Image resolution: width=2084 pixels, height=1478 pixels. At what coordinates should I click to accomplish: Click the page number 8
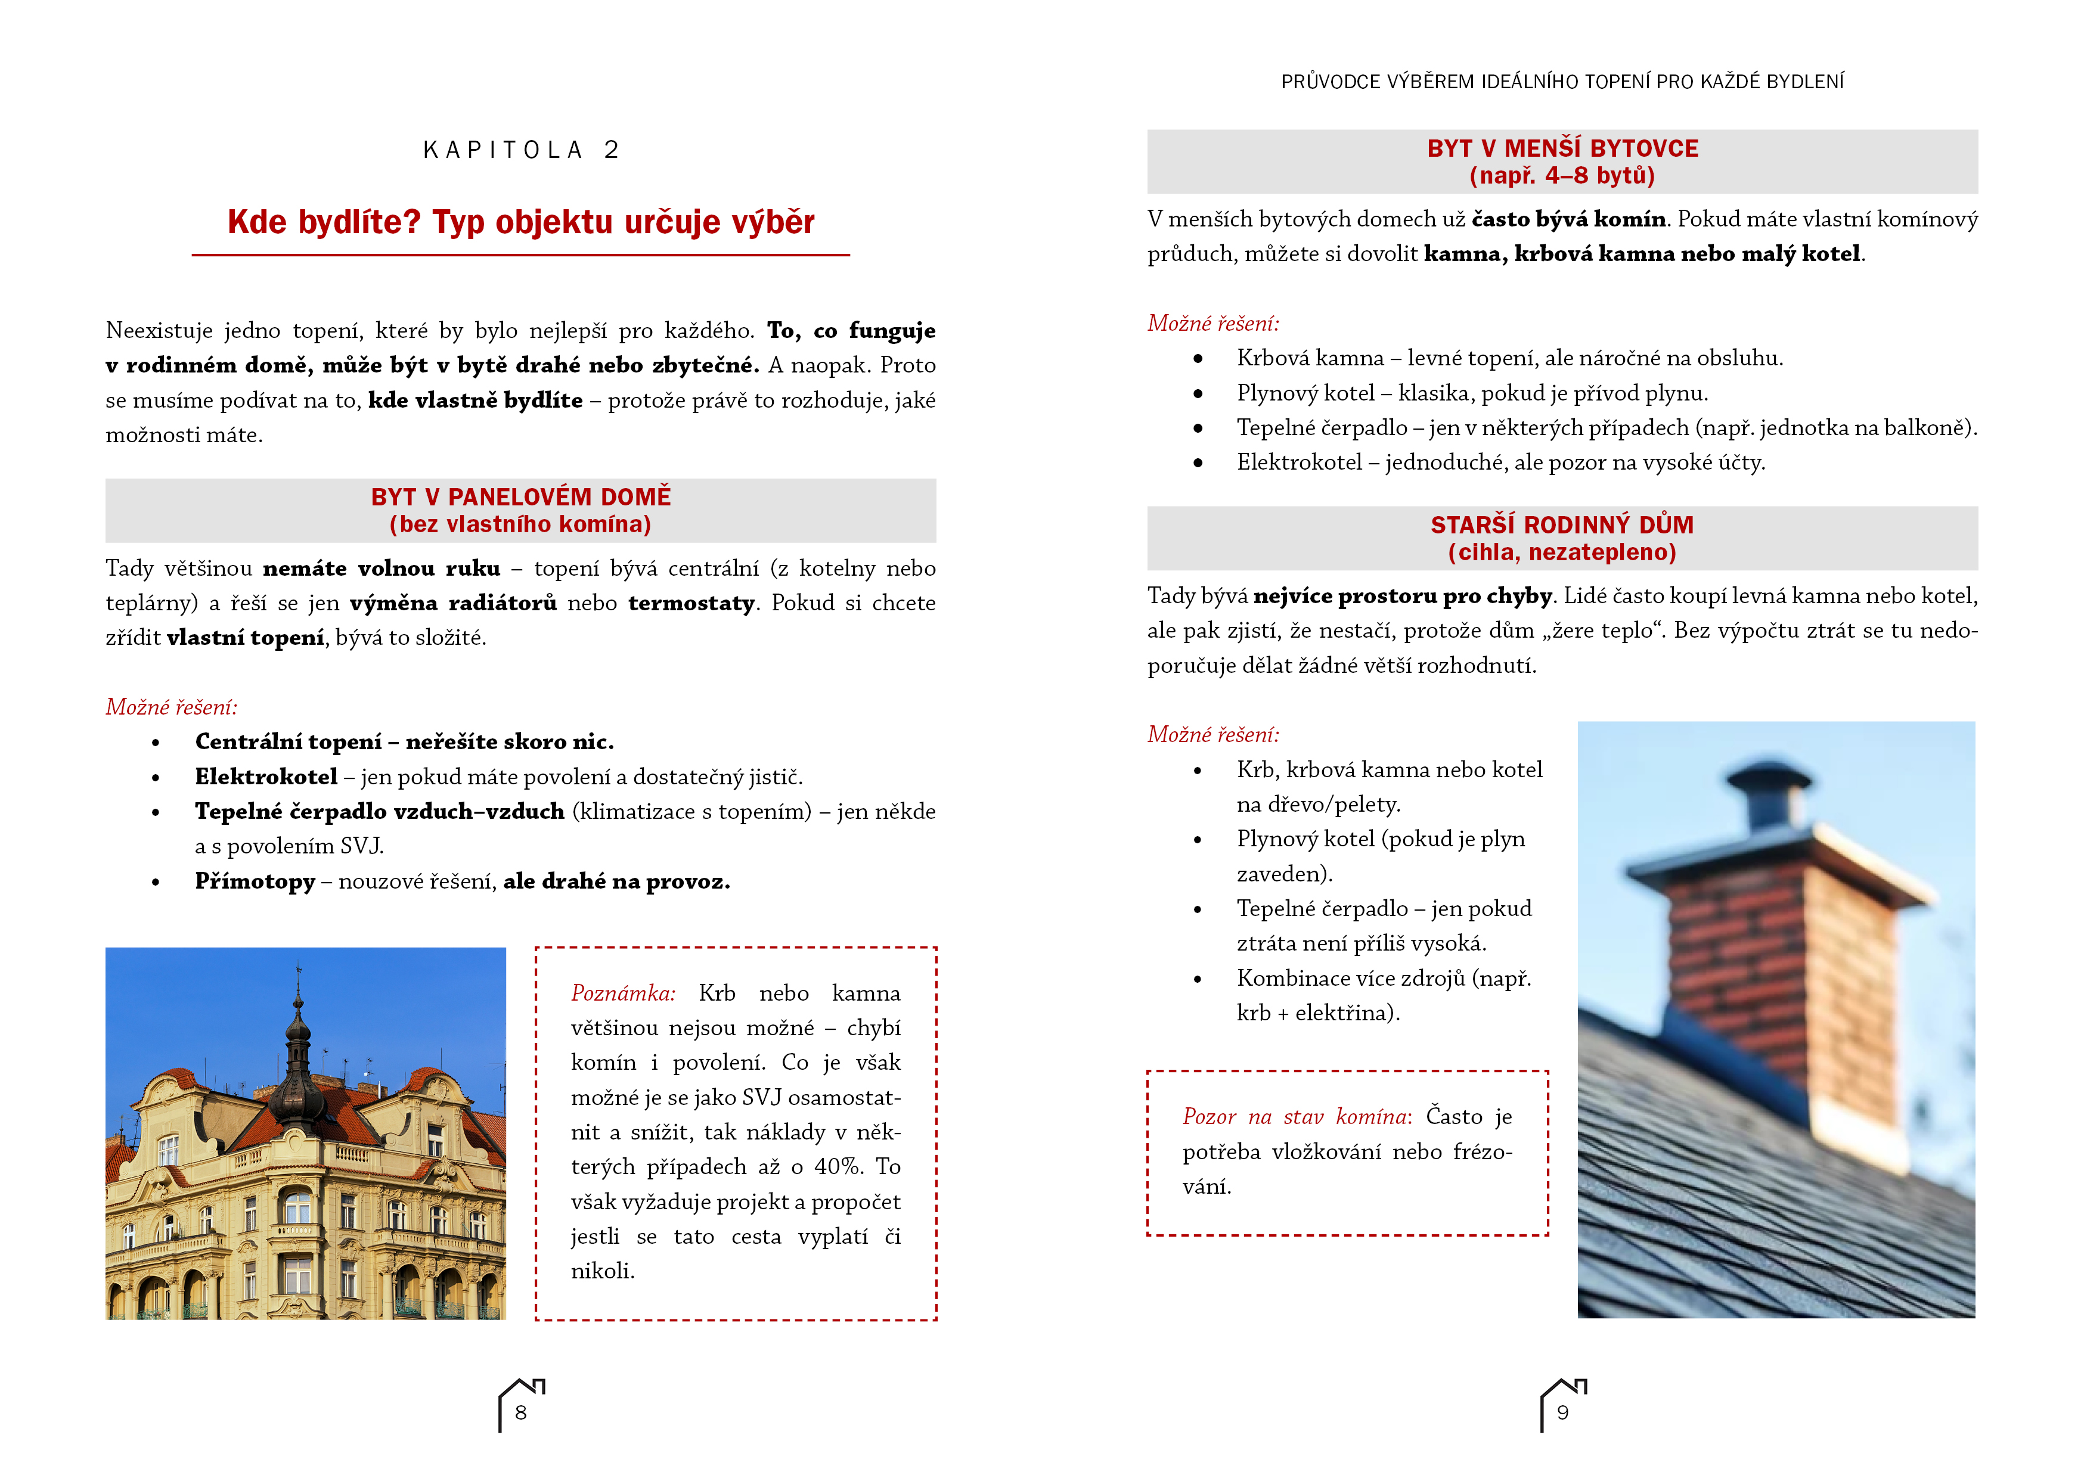(x=520, y=1412)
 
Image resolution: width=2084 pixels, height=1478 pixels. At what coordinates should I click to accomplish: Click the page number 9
(x=1562, y=1412)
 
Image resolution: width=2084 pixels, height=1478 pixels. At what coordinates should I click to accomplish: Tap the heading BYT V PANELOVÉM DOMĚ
(x=520, y=497)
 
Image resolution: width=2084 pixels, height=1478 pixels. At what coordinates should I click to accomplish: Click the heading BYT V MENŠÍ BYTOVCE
(x=1562, y=148)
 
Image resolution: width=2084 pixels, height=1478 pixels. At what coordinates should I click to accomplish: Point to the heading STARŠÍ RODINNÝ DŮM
(x=1562, y=525)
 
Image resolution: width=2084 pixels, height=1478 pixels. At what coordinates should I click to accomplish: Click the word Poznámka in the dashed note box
(x=622, y=993)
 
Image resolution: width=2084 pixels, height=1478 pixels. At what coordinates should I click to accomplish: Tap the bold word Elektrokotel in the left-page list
(x=266, y=777)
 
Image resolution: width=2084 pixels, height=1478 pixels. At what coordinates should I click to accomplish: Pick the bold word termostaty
(x=691, y=603)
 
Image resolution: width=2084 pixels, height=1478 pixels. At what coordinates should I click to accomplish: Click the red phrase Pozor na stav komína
(x=1296, y=1117)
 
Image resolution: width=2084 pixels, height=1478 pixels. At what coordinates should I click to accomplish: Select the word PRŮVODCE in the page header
(x=1331, y=82)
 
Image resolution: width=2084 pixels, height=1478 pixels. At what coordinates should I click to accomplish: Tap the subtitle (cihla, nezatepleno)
(x=1562, y=552)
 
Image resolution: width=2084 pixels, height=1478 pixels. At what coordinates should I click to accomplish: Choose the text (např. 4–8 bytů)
(x=1562, y=176)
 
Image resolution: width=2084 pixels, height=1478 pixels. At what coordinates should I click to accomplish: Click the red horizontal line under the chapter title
(x=520, y=256)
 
